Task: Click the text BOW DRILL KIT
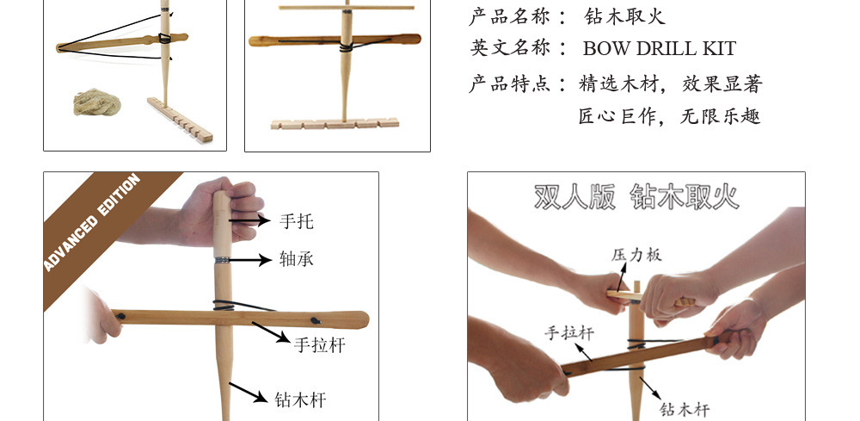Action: pyautogui.click(x=659, y=48)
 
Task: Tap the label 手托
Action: pyautogui.click(x=297, y=221)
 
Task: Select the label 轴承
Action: pyautogui.click(x=297, y=258)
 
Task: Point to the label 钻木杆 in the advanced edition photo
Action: pyautogui.click(x=300, y=399)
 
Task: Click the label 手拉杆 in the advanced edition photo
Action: pyautogui.click(x=319, y=344)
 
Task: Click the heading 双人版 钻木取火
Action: pyautogui.click(x=636, y=196)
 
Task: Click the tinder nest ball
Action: pyautogui.click(x=96, y=104)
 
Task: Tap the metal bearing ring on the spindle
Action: pyautogui.click(x=223, y=259)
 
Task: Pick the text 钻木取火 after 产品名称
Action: pyautogui.click(x=624, y=15)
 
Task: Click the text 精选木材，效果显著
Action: pyautogui.click(x=671, y=84)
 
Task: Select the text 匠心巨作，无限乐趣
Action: pyautogui.click(x=669, y=116)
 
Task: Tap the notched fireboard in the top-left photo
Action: pyautogui.click(x=180, y=120)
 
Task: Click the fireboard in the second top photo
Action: pyautogui.click(x=335, y=124)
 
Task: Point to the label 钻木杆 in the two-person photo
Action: pyautogui.click(x=685, y=409)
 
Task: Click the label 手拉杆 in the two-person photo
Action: pyautogui.click(x=568, y=333)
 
